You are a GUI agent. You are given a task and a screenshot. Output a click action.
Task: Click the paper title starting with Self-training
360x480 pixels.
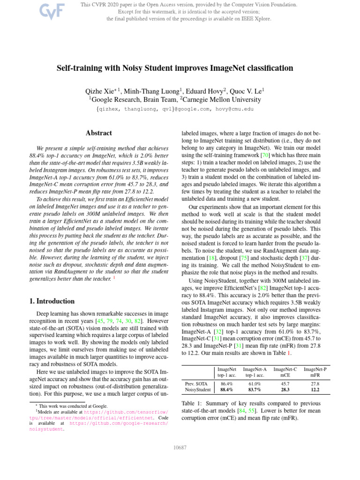(x=175, y=68)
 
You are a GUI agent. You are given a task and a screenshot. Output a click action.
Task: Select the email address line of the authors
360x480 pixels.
(x=175, y=109)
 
